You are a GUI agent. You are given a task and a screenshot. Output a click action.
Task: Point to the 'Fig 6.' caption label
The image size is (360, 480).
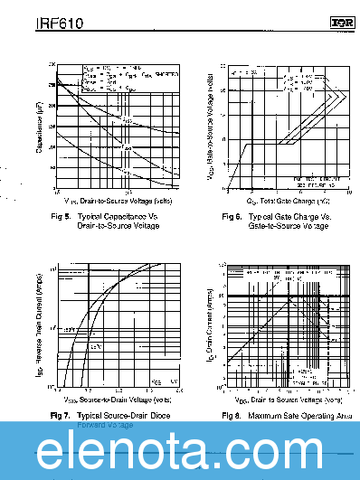pyautogui.click(x=232, y=217)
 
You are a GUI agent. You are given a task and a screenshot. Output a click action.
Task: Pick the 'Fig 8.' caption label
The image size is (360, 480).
pyautogui.click(x=232, y=415)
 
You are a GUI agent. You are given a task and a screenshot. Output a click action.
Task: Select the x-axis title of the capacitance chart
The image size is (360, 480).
pyautogui.click(x=107, y=200)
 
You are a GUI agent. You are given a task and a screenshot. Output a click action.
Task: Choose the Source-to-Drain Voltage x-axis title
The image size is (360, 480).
pyautogui.click(x=107, y=399)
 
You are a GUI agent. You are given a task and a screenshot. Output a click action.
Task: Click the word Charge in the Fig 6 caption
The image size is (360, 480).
pyautogui.click(x=294, y=217)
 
